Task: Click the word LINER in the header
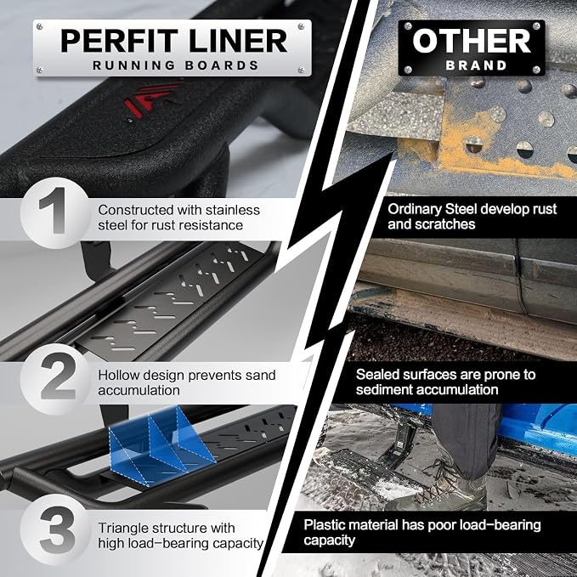(x=238, y=41)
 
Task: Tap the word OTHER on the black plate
(x=472, y=41)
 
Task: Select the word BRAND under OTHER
(x=476, y=65)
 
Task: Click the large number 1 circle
(x=55, y=212)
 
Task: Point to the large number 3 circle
(x=56, y=530)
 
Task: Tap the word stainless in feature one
(x=233, y=210)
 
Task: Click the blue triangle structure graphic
(x=162, y=444)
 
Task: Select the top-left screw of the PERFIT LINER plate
(x=40, y=26)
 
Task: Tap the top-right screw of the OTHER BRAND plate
(x=536, y=26)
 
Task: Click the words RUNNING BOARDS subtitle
(x=176, y=65)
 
